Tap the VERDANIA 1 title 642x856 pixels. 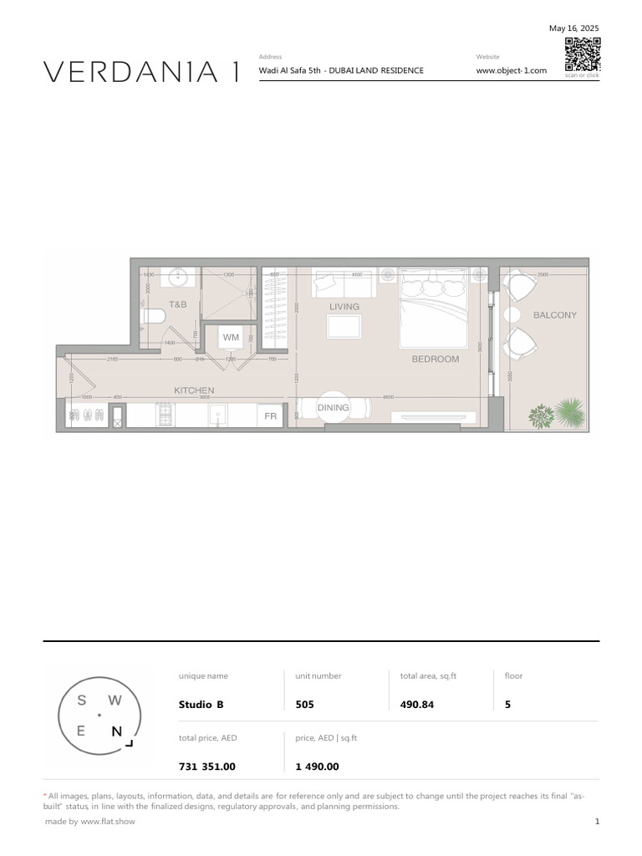142,73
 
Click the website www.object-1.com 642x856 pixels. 511,71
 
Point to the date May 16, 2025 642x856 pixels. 573,28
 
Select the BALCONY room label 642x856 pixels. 554,315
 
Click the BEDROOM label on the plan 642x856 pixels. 435,359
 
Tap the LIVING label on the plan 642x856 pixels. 344,307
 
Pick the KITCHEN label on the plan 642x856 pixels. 194,390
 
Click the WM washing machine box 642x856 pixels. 231,337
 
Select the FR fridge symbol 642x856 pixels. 270,415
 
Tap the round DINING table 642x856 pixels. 333,407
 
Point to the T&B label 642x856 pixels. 178,305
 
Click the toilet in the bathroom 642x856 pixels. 153,316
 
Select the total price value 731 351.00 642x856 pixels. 206,767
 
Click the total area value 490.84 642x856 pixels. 417,705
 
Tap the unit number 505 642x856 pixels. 304,705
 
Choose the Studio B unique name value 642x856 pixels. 201,705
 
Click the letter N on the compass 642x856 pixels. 117,731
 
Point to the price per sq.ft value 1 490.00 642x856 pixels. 317,767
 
